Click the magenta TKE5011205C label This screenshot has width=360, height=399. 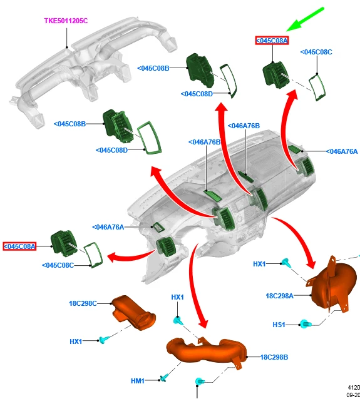66,21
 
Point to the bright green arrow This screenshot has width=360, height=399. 306,19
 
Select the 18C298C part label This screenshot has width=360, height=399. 83,303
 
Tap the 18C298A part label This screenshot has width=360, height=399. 279,296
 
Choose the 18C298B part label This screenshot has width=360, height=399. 274,357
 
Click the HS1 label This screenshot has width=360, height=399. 279,325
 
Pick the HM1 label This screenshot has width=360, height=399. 138,381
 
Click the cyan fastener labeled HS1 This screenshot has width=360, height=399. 305,324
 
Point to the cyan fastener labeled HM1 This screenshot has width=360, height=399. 164,378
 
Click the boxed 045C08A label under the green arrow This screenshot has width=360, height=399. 272,41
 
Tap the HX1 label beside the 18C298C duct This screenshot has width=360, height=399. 76,341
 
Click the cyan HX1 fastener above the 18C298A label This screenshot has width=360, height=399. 286,263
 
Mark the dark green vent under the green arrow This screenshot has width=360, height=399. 275,75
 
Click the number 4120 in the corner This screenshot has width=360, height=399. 354,388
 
